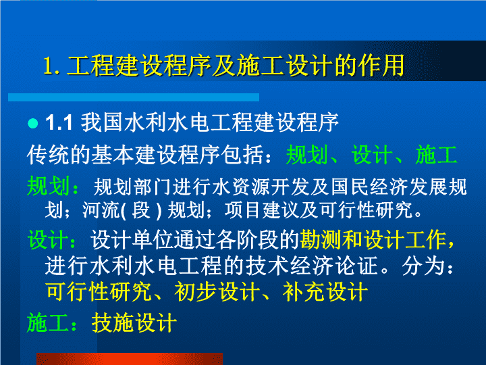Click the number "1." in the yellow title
point(51,66)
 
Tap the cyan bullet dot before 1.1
point(33,123)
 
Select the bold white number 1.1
point(59,122)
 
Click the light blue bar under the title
point(134,97)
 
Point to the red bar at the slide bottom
point(130,359)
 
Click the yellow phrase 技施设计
point(134,323)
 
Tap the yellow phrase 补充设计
point(325,292)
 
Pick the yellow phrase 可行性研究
point(99,292)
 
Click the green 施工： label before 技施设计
point(52,323)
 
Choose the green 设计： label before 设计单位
point(52,240)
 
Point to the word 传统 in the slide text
point(49,155)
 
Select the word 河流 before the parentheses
point(101,210)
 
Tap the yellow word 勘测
point(321,240)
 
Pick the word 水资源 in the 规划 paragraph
point(240,187)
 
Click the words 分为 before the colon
point(423,266)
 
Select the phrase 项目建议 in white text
point(262,210)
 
